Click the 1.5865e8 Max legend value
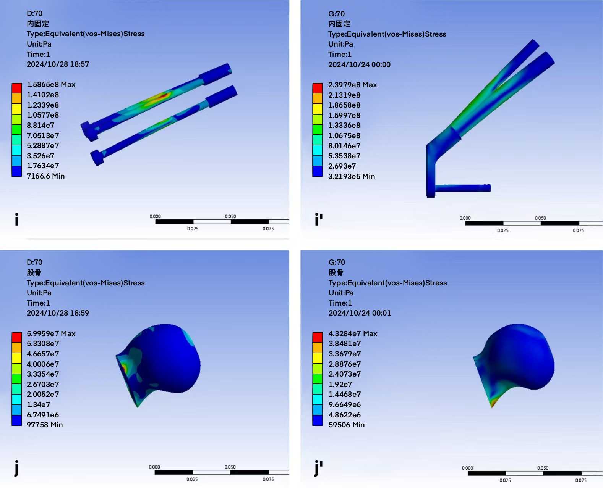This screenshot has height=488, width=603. [51, 84]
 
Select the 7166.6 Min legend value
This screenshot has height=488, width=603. [45, 176]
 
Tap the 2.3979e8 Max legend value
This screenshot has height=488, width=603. [352, 85]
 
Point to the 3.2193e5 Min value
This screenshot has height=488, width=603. [351, 176]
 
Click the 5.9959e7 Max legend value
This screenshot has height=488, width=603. [51, 333]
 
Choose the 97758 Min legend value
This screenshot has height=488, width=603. [45, 425]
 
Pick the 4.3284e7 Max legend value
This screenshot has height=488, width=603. [353, 333]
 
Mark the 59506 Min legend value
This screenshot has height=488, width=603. [347, 425]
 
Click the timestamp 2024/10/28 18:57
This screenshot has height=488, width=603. [58, 64]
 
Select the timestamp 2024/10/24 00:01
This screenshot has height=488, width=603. [360, 313]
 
